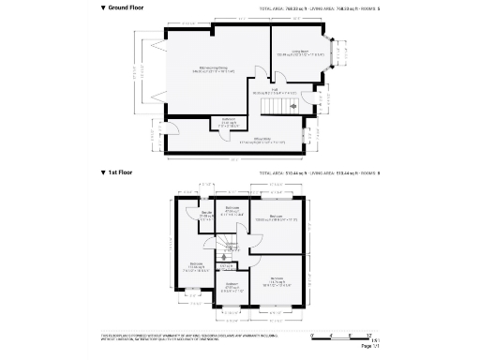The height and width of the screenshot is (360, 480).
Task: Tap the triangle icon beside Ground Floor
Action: coord(103,7)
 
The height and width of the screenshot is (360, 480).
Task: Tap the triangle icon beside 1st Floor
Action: coord(103,173)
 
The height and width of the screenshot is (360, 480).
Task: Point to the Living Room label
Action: coord(300,53)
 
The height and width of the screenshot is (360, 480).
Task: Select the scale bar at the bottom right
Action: coord(342,335)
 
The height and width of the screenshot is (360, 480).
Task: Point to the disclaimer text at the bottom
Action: coord(178,337)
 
